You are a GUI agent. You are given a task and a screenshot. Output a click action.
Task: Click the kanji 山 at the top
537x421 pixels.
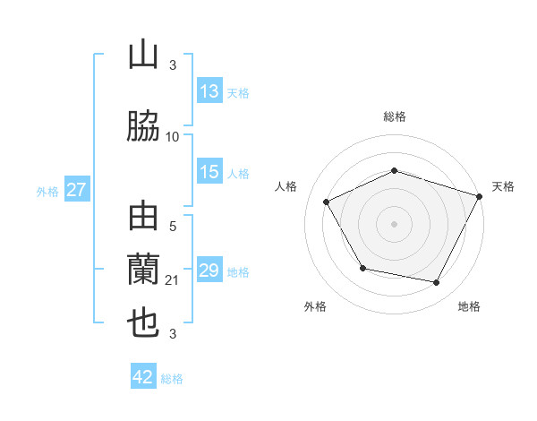tap(143, 56)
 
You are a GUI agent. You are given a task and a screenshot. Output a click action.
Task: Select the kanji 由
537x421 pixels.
tap(143, 218)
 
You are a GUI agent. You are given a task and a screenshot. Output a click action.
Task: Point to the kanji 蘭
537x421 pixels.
tap(143, 270)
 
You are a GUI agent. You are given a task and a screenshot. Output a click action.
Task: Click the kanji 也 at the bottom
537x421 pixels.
tap(143, 322)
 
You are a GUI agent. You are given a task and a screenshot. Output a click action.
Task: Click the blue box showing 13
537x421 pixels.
tap(209, 92)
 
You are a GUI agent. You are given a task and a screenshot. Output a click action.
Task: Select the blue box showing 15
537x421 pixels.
tap(209, 172)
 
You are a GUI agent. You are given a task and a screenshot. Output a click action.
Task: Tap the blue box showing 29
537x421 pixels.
tap(209, 271)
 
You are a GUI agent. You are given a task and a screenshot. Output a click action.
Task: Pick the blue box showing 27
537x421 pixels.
tap(76, 190)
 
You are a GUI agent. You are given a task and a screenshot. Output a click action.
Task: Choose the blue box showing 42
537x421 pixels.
tap(143, 377)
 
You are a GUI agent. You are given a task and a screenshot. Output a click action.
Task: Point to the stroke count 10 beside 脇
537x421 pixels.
tap(173, 137)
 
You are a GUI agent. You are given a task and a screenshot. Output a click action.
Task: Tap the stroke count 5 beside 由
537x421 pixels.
tap(173, 228)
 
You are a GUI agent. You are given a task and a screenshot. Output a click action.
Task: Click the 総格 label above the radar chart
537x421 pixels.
tap(395, 116)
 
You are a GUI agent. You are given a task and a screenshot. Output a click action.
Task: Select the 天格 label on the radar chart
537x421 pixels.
tap(503, 186)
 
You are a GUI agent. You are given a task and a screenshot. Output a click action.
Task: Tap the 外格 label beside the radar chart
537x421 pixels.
tap(315, 306)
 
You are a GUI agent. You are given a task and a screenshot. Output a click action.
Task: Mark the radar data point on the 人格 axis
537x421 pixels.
tap(326, 202)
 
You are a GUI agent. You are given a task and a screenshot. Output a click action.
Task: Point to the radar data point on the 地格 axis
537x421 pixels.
tap(437, 283)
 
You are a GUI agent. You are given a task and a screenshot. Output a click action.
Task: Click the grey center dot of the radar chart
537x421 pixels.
tap(395, 224)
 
